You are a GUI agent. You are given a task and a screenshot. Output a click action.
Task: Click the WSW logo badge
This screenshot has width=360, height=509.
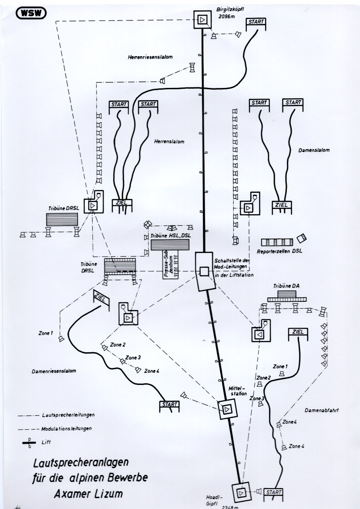point(31,13)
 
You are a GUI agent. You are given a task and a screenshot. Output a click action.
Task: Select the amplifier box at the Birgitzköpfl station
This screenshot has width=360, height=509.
point(202,20)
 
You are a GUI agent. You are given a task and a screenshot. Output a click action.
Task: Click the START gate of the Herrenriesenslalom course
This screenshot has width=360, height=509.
point(256,22)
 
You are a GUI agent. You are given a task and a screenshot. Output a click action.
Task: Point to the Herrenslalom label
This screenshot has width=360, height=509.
point(169,142)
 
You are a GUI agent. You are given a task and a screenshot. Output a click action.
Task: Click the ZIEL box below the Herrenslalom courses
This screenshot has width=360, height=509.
point(122,202)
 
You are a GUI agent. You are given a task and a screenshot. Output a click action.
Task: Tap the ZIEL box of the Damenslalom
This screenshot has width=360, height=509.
point(282,205)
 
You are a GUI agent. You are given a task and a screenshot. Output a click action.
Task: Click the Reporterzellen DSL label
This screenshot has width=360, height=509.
point(279,251)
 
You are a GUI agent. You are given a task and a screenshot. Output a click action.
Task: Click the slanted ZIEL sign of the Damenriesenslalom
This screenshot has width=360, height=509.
point(101,297)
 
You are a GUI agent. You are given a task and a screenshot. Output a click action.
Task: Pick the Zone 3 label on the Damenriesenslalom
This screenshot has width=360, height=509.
point(133,358)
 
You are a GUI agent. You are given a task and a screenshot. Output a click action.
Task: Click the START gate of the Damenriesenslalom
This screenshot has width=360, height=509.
point(169,405)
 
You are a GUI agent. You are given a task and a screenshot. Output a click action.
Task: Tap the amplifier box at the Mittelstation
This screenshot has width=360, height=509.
point(227,409)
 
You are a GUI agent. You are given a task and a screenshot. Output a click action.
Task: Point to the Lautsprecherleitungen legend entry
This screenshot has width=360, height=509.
point(68,415)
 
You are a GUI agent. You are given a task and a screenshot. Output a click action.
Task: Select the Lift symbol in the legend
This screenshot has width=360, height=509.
point(30,442)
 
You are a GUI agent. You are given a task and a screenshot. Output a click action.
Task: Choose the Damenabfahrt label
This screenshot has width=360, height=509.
point(322,410)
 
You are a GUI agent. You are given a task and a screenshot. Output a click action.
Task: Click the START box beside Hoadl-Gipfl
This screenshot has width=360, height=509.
point(273,492)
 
